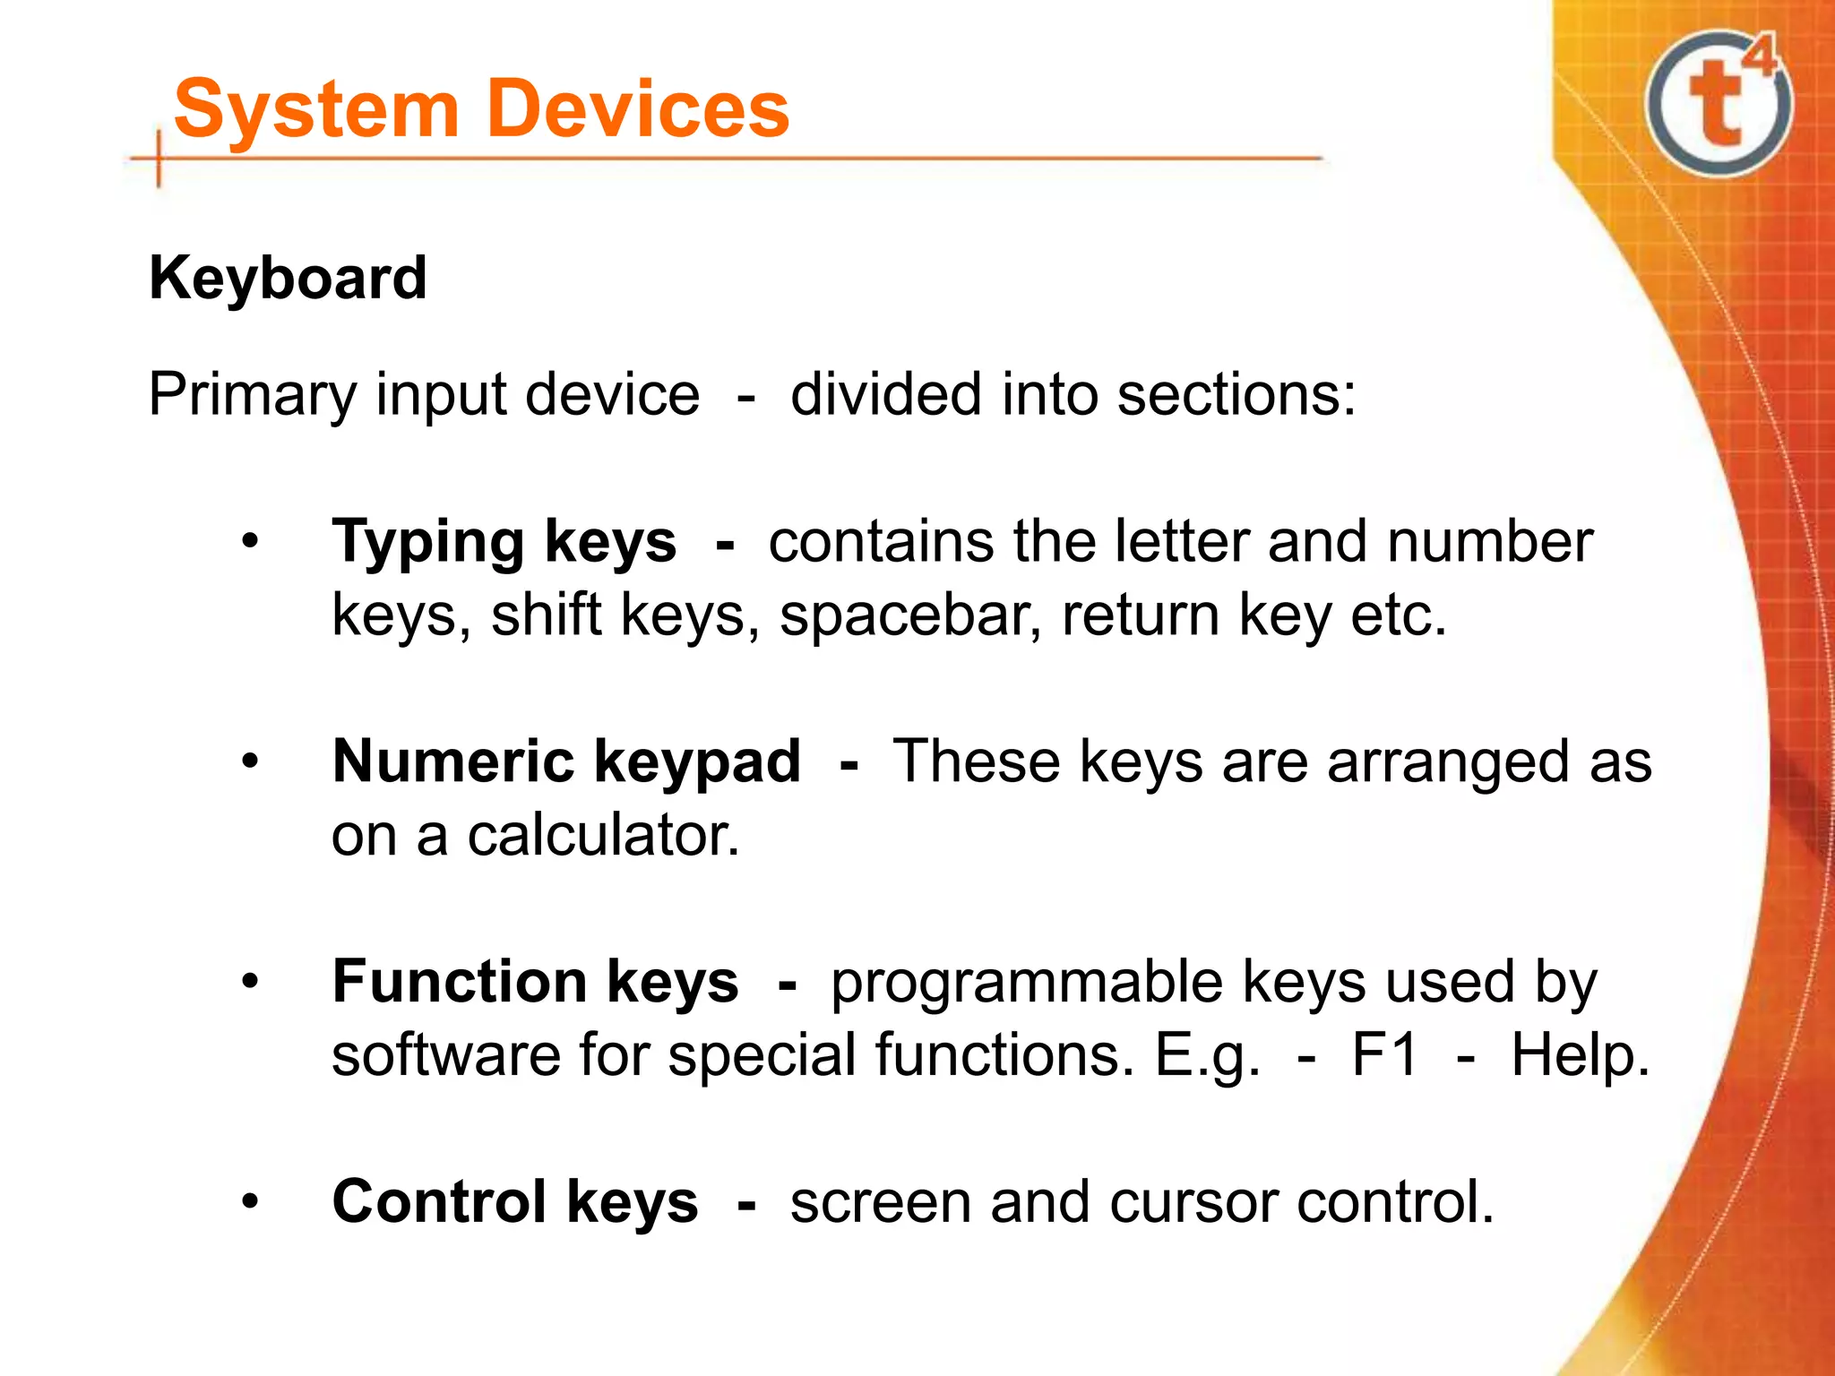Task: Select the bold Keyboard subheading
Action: [288, 278]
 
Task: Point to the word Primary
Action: [252, 395]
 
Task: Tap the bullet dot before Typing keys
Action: [250, 541]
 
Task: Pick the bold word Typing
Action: [428, 543]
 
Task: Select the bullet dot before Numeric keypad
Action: [250, 761]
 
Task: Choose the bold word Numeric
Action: [452, 761]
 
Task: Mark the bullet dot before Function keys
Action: [250, 981]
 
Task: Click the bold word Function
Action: [459, 981]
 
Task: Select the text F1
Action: [1385, 1054]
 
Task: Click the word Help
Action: [1580, 1054]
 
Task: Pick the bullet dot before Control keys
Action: [250, 1201]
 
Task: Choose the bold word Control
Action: [438, 1201]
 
